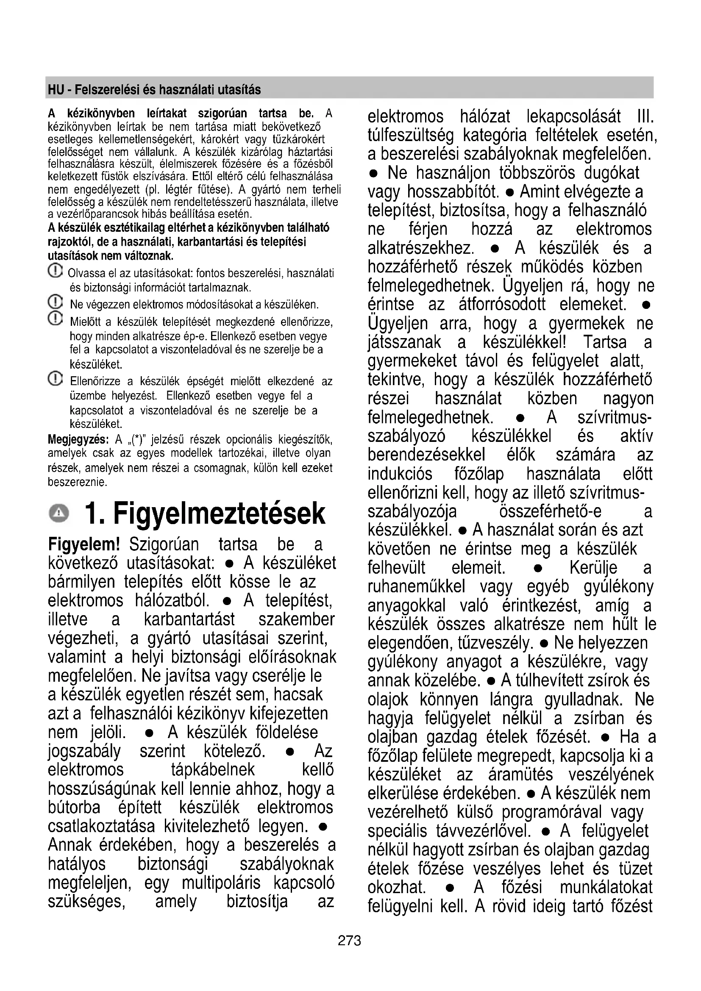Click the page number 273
point(349,940)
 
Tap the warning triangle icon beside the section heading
point(59,513)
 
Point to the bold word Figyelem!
point(84,545)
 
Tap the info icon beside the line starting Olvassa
point(55,272)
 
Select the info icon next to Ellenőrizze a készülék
point(55,379)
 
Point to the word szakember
point(296,619)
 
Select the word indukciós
point(400,474)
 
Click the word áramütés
point(520,775)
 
